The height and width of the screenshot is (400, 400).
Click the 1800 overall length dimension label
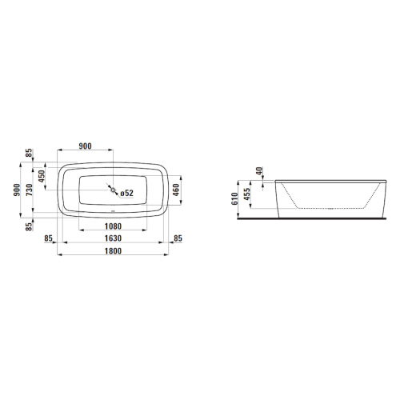click(113, 251)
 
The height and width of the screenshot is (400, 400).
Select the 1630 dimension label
click(113, 238)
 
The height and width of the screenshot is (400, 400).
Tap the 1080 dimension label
click(113, 226)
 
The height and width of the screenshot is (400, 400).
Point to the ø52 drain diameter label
click(126, 193)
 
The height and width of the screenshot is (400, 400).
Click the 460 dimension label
click(176, 190)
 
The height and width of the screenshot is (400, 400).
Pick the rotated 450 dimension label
click(42, 176)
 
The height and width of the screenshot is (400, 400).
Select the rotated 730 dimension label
click(30, 190)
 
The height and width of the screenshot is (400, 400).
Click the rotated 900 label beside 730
click(17, 190)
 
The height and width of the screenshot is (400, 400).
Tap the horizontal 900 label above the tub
click(86, 146)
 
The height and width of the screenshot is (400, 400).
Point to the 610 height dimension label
click(234, 198)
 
